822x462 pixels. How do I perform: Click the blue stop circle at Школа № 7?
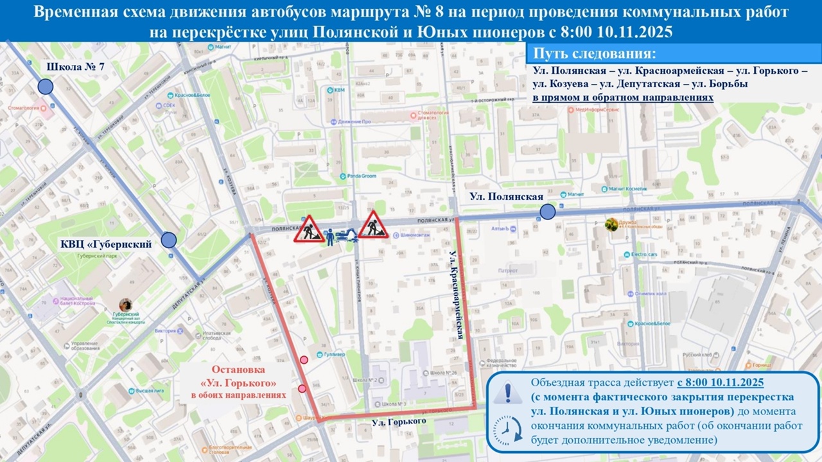(x=45, y=87)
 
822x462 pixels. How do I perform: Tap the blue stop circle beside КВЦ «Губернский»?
(x=168, y=240)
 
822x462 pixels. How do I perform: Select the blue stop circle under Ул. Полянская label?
(x=547, y=212)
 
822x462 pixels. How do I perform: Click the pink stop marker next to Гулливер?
(x=304, y=360)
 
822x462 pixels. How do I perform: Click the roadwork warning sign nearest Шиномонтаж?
(x=373, y=225)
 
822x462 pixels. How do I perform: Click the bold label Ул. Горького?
(x=399, y=422)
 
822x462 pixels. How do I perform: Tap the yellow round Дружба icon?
(x=611, y=224)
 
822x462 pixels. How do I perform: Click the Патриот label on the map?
(x=507, y=271)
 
